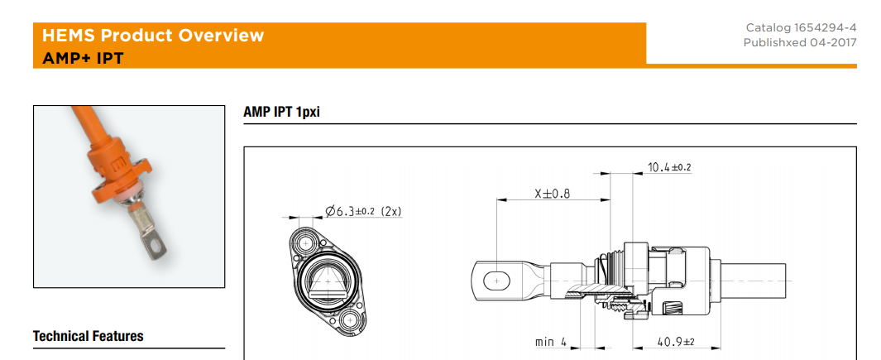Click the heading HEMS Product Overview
coord(153,36)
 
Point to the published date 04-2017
coord(833,42)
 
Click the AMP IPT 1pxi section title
coord(281,113)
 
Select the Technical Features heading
coord(88,336)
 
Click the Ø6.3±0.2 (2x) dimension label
coord(363,211)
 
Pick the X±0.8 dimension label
coord(553,194)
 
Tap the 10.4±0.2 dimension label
coord(669,167)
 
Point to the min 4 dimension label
coord(551,342)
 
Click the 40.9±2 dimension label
coord(675,342)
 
